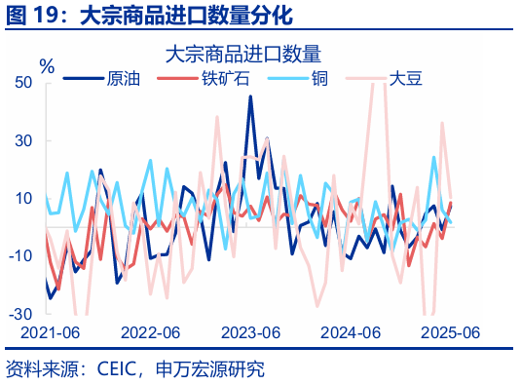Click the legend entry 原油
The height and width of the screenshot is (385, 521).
coord(123,79)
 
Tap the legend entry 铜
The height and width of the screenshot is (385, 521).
coord(319,79)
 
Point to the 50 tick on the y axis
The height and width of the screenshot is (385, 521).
coord(24,83)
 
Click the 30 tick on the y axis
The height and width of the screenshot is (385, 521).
coord(24,140)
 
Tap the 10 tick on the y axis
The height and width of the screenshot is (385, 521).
coord(24,198)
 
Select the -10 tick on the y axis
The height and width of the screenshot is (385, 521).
coord(21,255)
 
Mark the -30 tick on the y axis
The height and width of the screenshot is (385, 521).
coord(21,314)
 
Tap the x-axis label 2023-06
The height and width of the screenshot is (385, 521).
coord(250,332)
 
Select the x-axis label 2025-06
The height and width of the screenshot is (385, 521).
coord(450,332)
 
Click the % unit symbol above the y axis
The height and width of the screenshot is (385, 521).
coord(46,65)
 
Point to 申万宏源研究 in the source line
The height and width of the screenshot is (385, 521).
coord(216,369)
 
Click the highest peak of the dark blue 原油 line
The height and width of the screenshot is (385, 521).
coord(250,96)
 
